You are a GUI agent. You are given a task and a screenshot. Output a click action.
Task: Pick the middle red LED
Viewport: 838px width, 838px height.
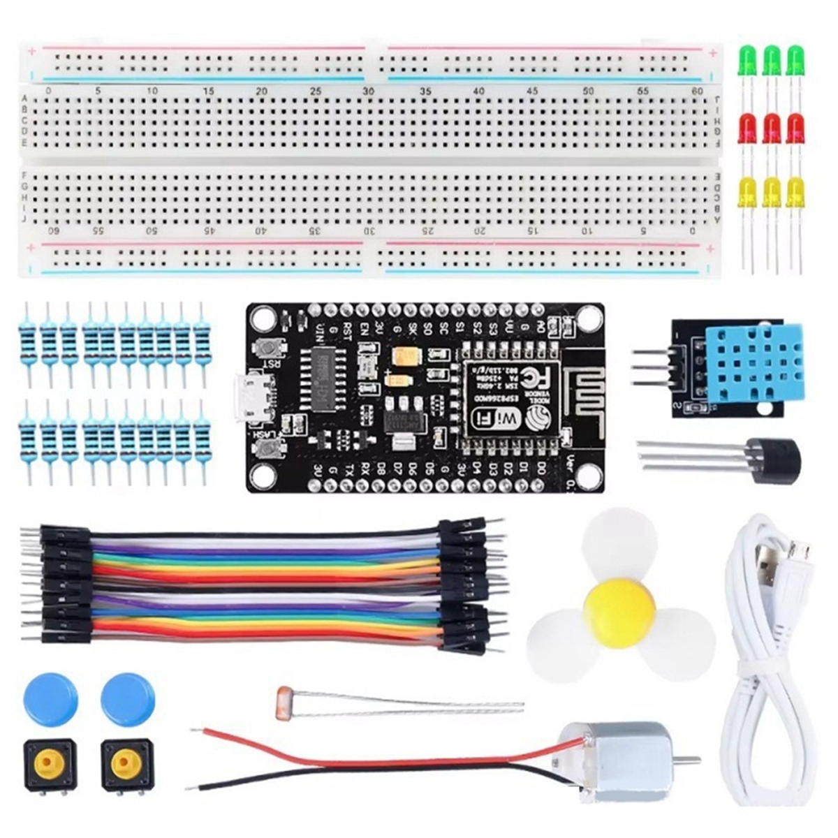771,128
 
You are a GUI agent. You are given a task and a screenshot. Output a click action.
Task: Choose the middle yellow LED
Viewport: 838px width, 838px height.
771,191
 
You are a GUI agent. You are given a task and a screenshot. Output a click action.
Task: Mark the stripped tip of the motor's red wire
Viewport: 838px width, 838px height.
194,731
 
